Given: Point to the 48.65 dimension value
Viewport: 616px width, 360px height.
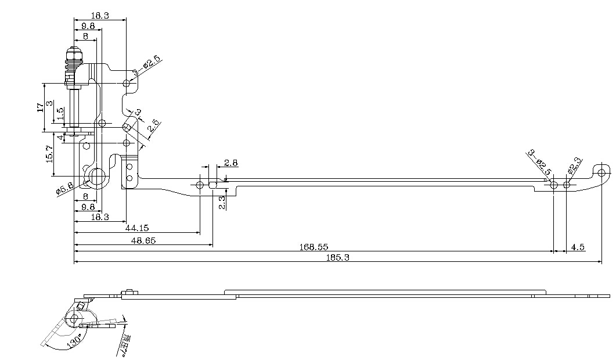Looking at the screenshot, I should [x=143, y=240].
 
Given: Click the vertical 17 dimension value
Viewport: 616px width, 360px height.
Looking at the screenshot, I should [x=40, y=107].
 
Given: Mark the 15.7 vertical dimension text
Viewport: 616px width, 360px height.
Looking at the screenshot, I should [x=49, y=154].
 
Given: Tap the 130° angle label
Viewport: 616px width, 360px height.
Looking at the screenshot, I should [x=74, y=343].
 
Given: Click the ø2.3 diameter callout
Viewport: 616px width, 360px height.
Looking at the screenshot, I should [x=574, y=166].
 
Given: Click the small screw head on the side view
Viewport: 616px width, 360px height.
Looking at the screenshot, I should [x=129, y=292].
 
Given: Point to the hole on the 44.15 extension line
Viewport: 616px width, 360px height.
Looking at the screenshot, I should [x=200, y=185].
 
